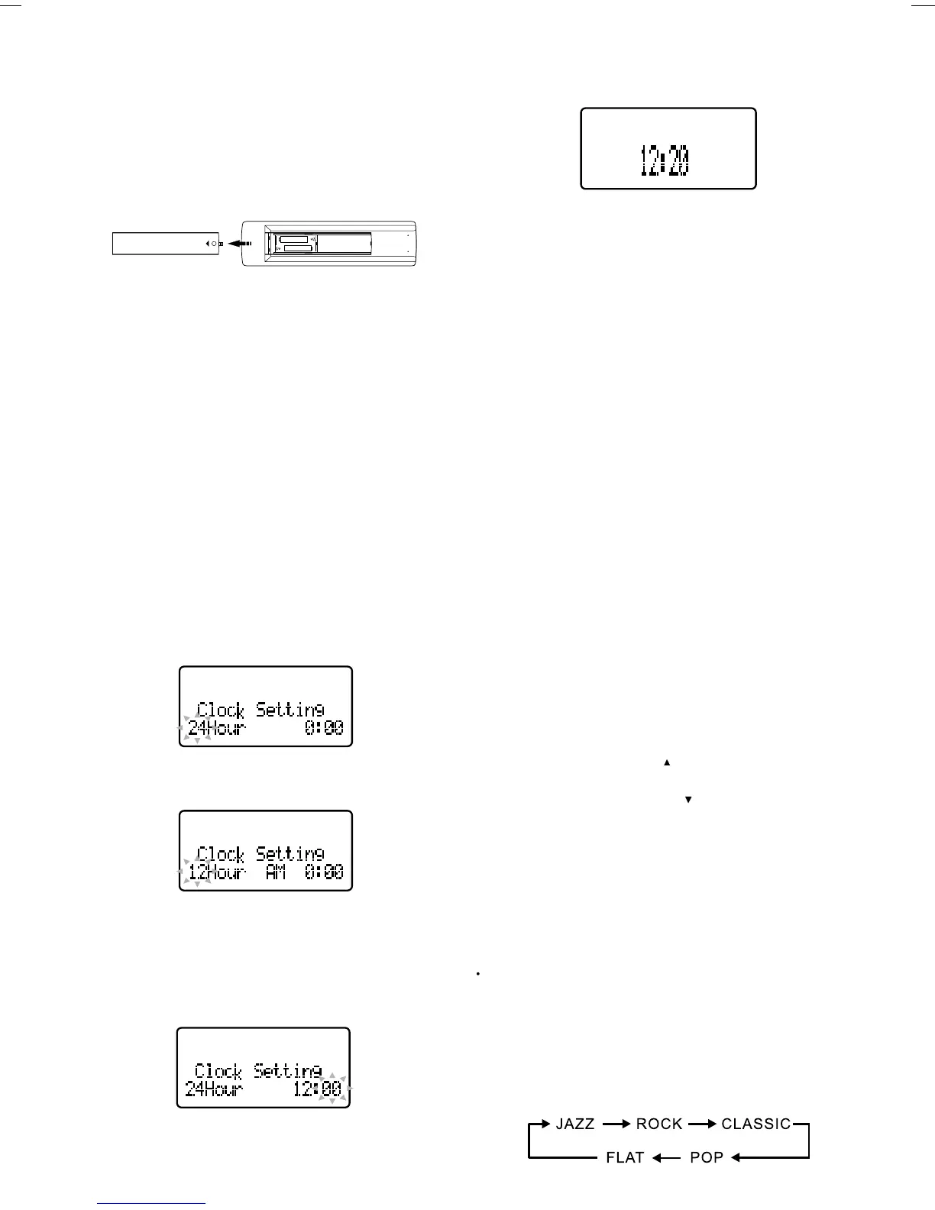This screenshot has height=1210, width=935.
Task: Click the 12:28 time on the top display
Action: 664,160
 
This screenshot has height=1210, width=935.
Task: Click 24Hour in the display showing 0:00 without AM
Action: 217,727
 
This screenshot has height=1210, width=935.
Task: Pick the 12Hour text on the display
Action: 217,872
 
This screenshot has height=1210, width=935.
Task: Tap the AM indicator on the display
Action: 275,872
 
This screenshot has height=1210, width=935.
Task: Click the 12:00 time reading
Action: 318,1089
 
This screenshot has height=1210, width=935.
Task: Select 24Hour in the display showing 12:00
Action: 214,1089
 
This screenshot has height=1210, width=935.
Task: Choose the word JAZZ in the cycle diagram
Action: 575,1124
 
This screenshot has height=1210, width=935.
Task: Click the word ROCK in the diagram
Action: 659,1124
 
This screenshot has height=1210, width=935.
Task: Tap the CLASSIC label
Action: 755,1124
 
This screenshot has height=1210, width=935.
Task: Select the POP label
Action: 706,1157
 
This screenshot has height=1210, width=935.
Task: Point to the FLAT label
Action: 625,1157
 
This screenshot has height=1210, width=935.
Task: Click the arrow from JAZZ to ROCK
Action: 616,1124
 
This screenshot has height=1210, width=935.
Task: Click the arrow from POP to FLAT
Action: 666,1158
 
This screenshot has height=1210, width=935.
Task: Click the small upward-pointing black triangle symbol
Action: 667,762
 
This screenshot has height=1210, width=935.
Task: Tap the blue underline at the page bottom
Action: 152,1204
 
